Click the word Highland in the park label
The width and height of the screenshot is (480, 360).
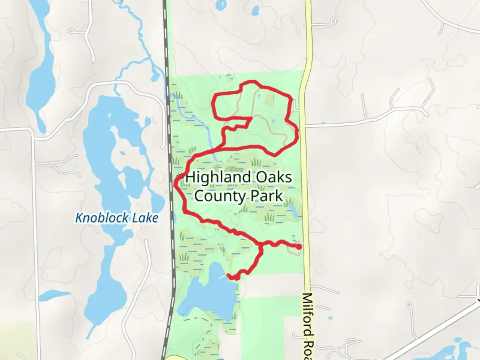(218, 177)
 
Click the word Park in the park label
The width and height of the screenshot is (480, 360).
(267, 196)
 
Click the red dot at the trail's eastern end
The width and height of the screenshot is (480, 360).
(299, 247)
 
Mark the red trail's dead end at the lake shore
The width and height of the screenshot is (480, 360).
(229, 276)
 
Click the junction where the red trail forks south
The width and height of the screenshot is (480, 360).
(260, 246)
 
